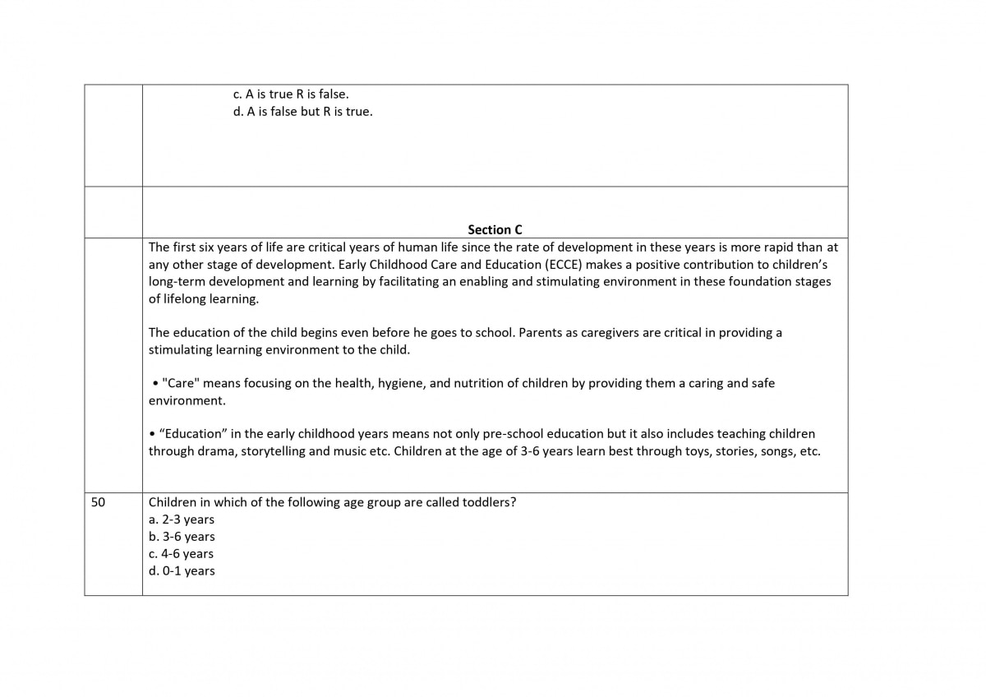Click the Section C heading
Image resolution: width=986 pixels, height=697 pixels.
point(495,229)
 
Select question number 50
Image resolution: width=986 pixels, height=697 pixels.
point(98,502)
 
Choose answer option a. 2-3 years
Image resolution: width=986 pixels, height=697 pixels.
point(182,519)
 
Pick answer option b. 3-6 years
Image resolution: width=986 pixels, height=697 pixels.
point(182,537)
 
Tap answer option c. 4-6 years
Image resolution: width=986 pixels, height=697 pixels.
point(181,554)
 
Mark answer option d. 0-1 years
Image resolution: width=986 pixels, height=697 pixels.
point(182,571)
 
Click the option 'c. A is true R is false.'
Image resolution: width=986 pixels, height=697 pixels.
point(292,95)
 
